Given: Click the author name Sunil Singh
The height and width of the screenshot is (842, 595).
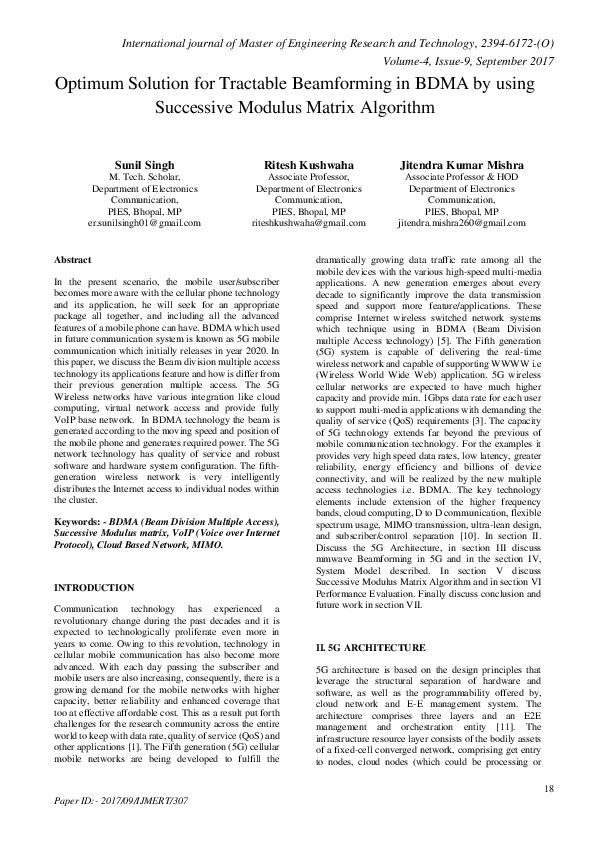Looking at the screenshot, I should [144, 164].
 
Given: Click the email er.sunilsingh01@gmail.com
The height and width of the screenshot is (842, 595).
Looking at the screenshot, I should [144, 224].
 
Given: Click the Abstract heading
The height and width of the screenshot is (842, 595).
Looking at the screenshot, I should [75, 259].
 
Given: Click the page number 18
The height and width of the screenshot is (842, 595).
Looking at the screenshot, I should [549, 790].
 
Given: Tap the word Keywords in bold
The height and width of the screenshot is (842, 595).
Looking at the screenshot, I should [80, 522].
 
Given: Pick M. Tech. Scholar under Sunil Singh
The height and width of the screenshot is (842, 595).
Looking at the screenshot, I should [144, 176].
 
